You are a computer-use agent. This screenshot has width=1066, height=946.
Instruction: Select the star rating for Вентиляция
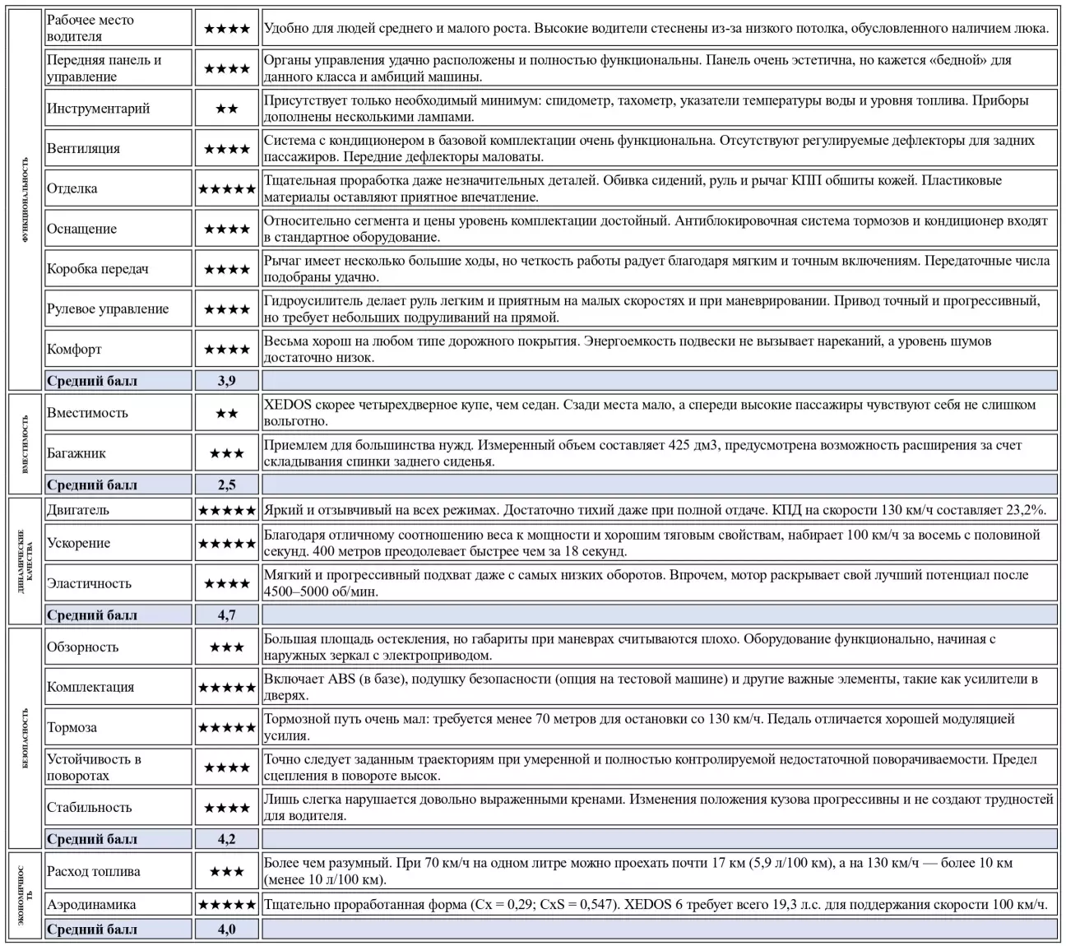[x=226, y=149]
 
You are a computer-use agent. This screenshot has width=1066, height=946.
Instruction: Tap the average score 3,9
[x=226, y=381]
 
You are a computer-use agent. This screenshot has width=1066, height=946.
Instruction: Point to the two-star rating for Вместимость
[x=226, y=413]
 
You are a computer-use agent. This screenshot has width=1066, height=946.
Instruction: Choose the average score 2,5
[x=226, y=485]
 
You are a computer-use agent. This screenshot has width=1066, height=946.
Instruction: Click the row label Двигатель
[x=78, y=510]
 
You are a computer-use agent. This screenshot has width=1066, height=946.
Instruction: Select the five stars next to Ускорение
[x=226, y=544]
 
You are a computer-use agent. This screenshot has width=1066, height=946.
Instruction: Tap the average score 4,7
[x=226, y=615]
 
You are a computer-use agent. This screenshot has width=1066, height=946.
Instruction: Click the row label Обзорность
[x=82, y=647]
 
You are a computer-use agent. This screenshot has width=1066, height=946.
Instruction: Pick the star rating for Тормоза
[x=226, y=728]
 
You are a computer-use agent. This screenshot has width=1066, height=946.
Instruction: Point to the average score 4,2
[x=226, y=840]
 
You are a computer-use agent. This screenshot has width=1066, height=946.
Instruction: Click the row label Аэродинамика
[x=91, y=905]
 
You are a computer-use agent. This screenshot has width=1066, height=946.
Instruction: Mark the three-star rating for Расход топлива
[x=226, y=872]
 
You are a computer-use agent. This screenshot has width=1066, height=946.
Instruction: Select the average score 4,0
[x=226, y=930]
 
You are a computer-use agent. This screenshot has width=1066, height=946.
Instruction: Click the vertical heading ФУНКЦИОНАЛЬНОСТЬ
[x=25, y=200]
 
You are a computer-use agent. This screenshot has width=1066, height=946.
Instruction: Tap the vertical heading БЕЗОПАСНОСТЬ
[x=25, y=738]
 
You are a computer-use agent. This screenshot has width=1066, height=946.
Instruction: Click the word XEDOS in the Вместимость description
[x=285, y=405]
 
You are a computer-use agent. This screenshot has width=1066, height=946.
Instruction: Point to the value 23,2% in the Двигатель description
[x=1023, y=510]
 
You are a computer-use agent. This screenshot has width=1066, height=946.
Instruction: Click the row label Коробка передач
[x=98, y=269]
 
